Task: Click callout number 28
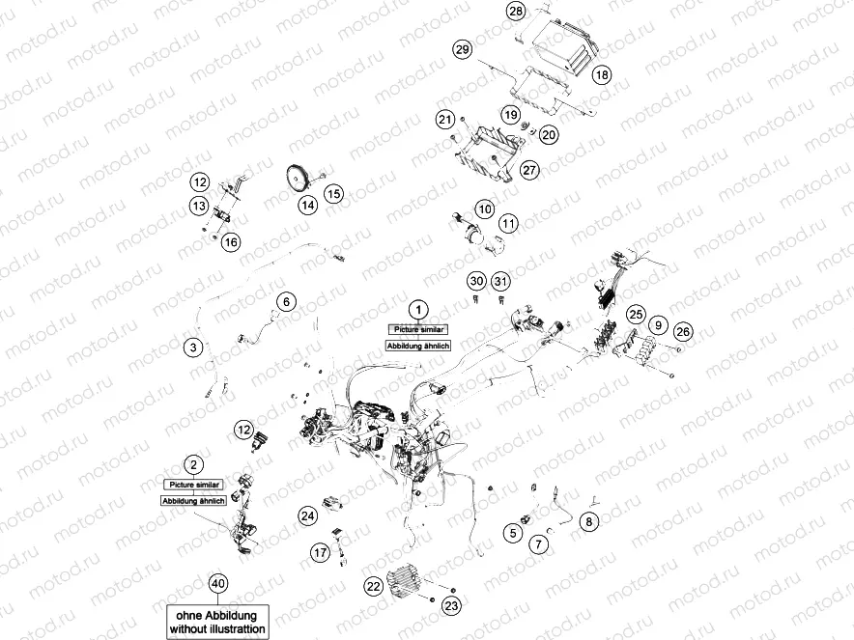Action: pos(516,12)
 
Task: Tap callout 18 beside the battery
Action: pos(602,74)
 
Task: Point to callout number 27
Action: pos(528,170)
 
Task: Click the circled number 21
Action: pos(444,120)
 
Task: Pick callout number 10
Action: pos(484,209)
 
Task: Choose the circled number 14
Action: pos(307,205)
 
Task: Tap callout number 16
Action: pos(230,242)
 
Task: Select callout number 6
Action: pos(285,301)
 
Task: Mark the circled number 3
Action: pos(193,346)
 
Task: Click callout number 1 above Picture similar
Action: pos(417,309)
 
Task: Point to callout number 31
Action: pos(499,281)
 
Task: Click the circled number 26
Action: pos(683,332)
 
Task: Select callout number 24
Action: pos(307,516)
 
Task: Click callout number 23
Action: pos(451,605)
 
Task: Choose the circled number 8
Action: pos(589,521)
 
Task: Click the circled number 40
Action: pos(218,583)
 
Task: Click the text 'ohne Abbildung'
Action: pos(218,612)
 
